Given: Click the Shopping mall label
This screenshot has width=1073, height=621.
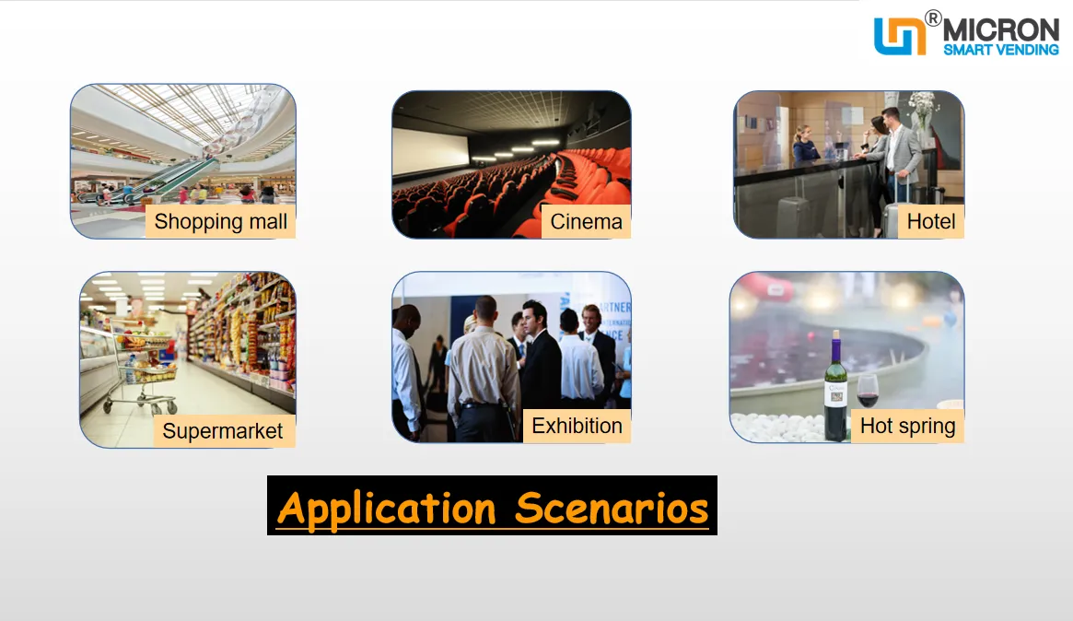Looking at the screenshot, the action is (220, 222).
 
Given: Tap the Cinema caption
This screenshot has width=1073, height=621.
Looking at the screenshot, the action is (586, 222).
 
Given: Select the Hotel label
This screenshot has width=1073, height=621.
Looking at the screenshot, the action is (930, 221).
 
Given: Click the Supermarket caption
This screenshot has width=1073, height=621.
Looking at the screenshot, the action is (222, 430).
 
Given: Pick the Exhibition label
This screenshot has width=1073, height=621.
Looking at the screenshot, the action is (577, 426).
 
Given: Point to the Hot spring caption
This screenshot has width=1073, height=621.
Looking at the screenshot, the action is (907, 426).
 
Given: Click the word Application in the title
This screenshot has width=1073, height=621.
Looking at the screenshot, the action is (387, 508).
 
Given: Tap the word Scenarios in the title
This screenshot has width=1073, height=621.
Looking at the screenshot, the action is (612, 508).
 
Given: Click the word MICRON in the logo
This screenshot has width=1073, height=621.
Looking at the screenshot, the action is (1001, 30).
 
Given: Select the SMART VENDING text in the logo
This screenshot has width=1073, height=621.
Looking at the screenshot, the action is (1001, 50).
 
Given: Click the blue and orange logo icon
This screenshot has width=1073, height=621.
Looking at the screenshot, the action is (900, 36).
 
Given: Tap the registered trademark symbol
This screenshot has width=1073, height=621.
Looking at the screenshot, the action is (933, 18).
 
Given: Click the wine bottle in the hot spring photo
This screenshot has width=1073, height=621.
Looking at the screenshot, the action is (835, 387).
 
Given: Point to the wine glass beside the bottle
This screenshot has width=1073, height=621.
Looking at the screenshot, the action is (868, 392).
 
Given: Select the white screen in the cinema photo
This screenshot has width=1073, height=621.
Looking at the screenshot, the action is (430, 150).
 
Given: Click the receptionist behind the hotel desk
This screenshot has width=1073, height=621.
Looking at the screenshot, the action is (805, 145).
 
